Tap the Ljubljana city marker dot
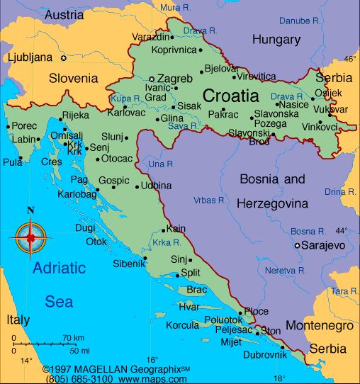pos(63,57)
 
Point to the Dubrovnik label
pos(263,355)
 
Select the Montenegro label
pos(319,326)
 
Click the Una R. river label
pos(162,164)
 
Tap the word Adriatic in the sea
pos(59,269)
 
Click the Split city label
pos(191,272)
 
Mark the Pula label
pos(12,162)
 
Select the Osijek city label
pos(332,94)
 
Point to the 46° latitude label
pos(349,58)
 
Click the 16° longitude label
pos(152,360)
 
